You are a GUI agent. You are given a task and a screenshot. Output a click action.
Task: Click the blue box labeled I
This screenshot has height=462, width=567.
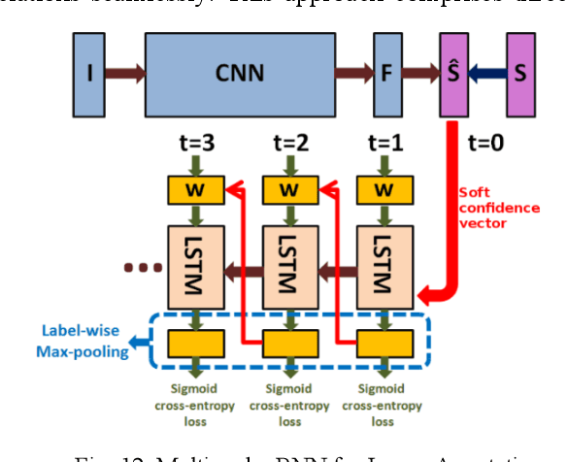click(89, 71)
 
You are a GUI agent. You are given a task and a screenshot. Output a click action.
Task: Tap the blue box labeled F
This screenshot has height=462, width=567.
click(387, 71)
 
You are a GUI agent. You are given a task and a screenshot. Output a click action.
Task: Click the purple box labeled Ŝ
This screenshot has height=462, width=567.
click(452, 71)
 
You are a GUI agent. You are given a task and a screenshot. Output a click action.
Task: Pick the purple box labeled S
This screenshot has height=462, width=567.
click(519, 71)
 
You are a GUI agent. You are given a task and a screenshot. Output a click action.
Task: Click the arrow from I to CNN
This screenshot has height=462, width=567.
click(124, 71)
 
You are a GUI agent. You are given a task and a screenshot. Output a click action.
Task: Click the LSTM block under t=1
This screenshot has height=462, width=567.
click(383, 263)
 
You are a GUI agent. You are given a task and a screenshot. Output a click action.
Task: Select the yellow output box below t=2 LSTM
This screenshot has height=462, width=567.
click(288, 342)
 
